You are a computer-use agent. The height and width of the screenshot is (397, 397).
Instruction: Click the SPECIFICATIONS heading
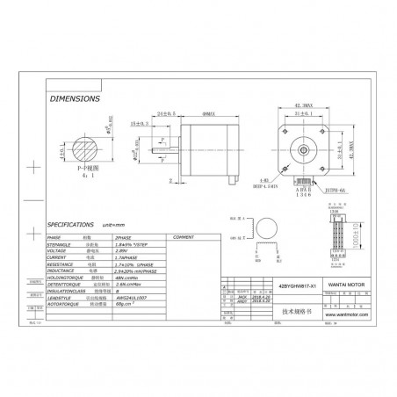(78, 225)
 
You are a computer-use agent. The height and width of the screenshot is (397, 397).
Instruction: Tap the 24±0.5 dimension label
(167, 114)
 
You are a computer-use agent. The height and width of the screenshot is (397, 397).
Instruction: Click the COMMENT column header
(184, 237)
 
